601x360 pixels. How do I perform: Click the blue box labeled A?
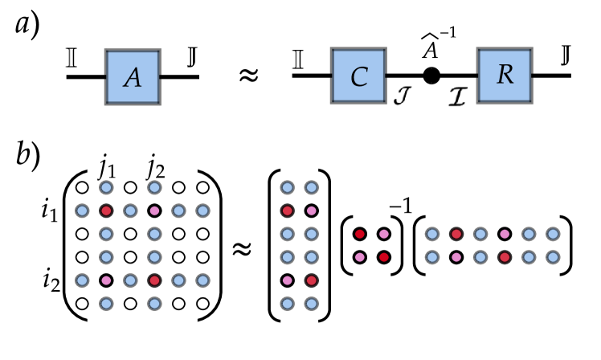click(133, 77)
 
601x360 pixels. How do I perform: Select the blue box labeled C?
click(358, 76)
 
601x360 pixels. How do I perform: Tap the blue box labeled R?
click(505, 75)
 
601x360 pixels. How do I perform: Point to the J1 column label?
click(107, 169)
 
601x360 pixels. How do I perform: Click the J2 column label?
click(155, 169)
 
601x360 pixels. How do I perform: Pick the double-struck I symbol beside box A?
click(71, 58)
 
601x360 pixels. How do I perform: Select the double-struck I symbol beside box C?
click(296, 59)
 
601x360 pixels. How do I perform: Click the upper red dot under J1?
click(106, 211)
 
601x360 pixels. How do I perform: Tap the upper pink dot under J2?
click(154, 211)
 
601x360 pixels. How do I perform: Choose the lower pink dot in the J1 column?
click(106, 280)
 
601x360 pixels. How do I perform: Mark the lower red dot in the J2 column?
click(154, 280)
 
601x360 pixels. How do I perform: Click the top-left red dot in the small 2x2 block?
click(360, 234)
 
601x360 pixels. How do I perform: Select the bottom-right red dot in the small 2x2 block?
click(384, 257)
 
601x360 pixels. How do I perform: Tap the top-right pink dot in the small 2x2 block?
click(384, 234)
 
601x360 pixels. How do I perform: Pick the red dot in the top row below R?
click(456, 234)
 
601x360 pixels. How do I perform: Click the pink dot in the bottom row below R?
click(456, 257)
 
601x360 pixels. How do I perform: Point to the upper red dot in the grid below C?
click(288, 211)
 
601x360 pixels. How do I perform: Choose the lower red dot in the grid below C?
click(312, 280)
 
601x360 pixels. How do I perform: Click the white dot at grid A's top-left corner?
click(82, 187)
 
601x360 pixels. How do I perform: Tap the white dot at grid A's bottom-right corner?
click(202, 304)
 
